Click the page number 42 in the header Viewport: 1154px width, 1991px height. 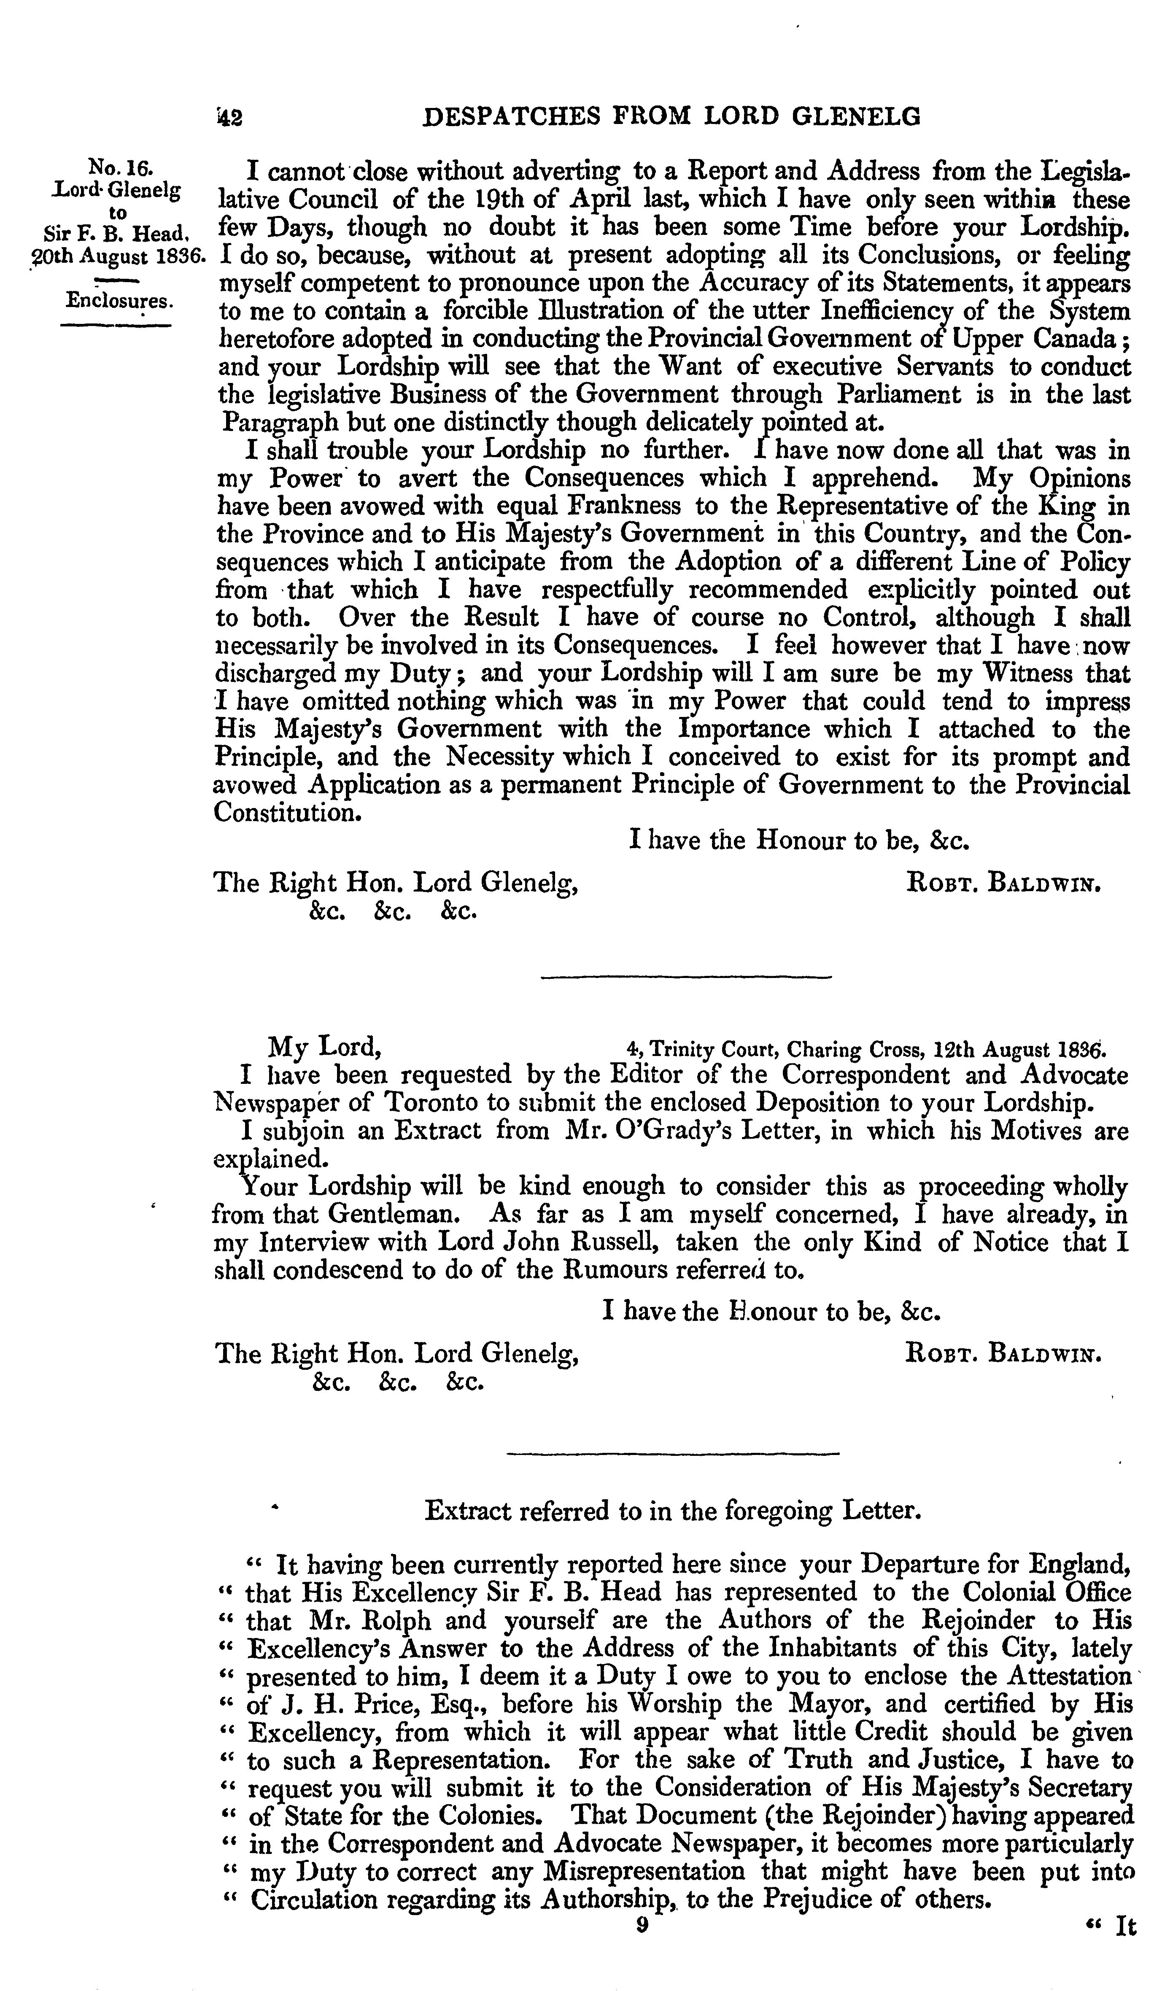[x=229, y=118]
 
